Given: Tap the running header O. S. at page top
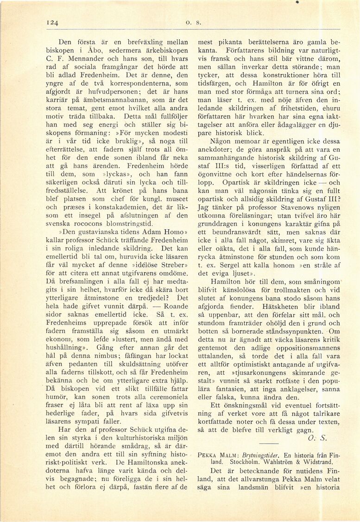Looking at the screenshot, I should (191, 21).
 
